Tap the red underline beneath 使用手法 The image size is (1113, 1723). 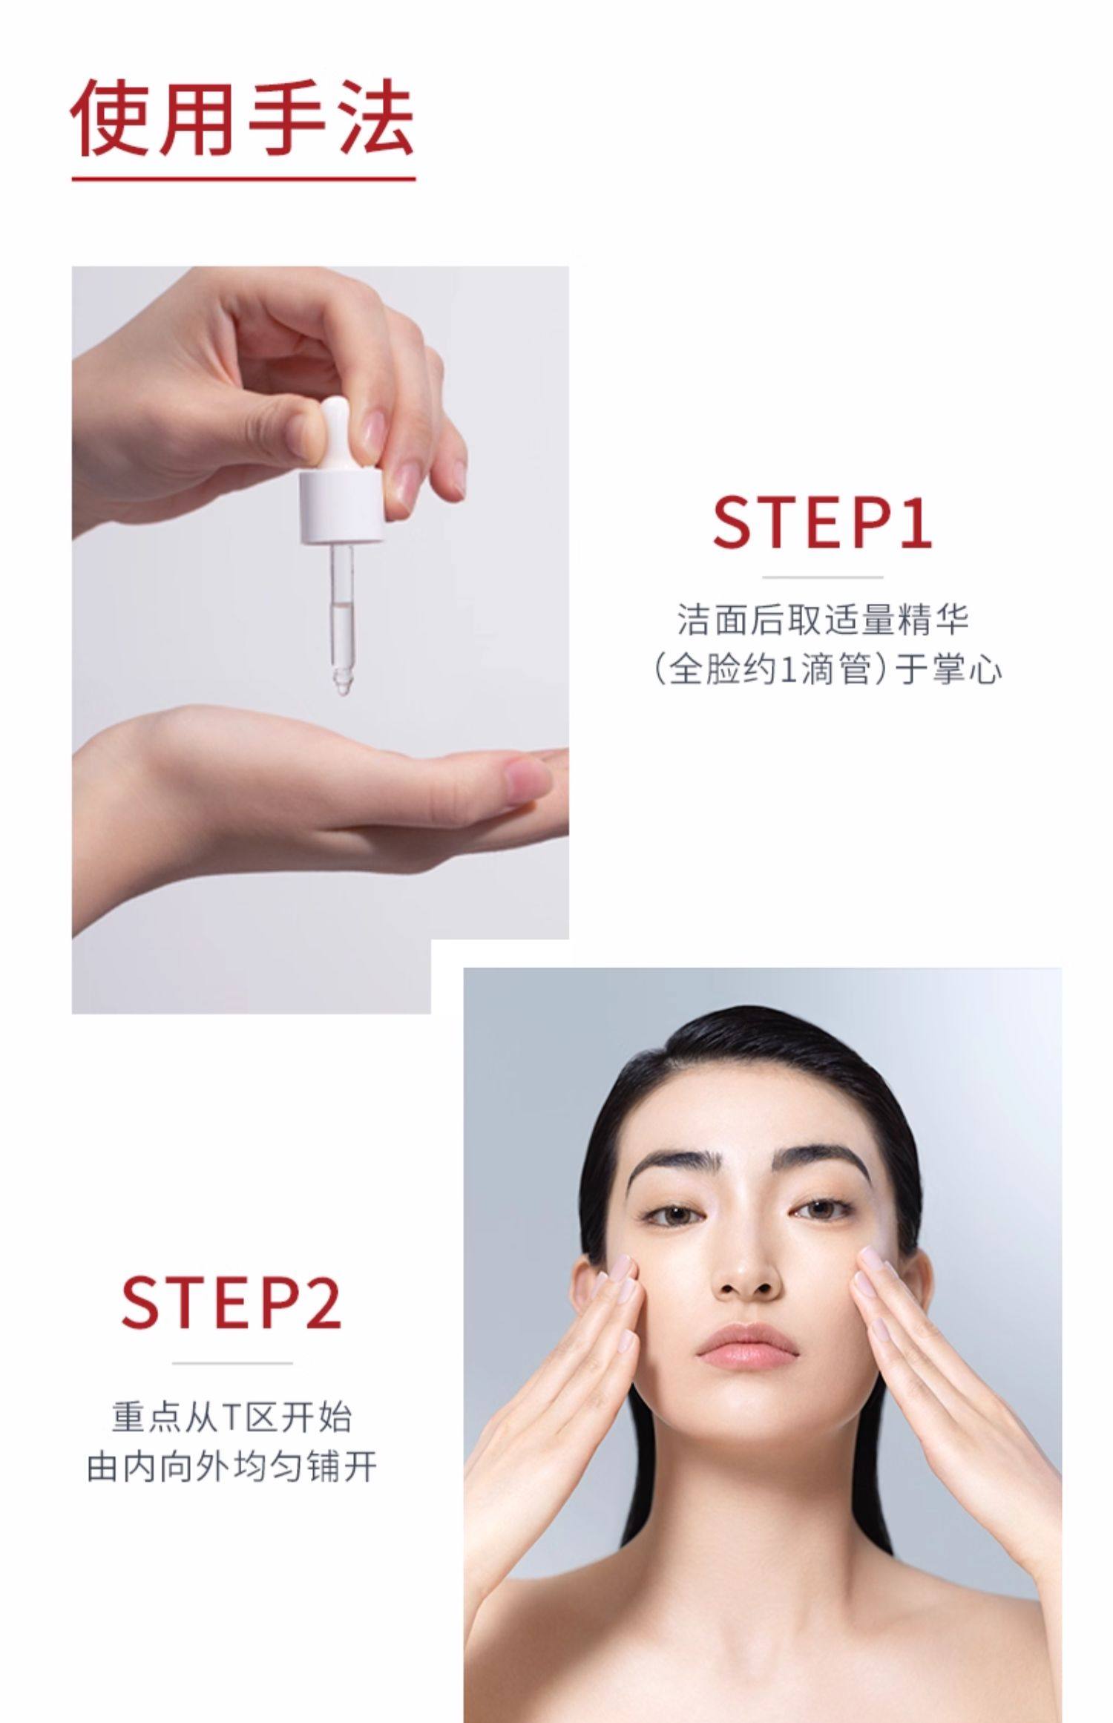pos(243,179)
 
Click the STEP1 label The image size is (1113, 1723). pos(821,522)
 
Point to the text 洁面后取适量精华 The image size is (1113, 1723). pos(823,619)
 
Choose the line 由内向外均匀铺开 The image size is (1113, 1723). pos(232,1467)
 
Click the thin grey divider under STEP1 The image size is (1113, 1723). pos(822,577)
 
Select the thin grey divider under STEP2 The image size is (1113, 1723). pos(232,1362)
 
